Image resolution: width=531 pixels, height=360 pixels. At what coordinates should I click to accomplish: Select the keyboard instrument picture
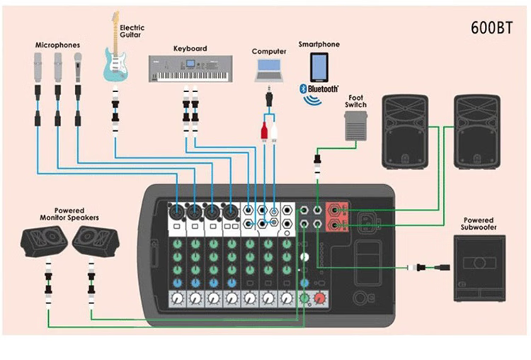coord(190,69)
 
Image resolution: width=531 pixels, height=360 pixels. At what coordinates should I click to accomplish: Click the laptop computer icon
coord(269,69)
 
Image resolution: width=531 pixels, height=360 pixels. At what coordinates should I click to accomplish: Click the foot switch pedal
coord(355,128)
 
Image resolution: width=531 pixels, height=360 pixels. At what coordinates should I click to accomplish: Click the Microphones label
coord(57,45)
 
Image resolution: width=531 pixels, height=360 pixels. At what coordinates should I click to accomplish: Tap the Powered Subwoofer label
coord(479,224)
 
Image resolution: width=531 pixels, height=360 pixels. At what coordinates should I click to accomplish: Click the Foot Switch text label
coord(356,101)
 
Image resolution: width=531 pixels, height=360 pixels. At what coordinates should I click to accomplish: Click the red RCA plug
coord(264,130)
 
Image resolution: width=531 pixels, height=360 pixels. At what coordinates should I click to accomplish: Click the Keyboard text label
coord(190,49)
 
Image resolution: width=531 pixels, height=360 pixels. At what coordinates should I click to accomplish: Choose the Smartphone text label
coord(319,44)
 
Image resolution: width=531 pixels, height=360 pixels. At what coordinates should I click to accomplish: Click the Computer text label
coord(269,51)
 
